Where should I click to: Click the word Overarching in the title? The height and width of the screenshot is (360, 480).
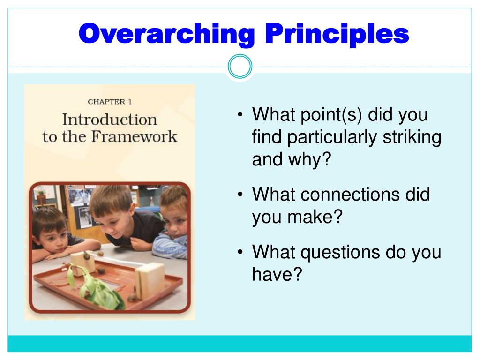[167, 34]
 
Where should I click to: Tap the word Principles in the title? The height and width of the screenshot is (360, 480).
[337, 34]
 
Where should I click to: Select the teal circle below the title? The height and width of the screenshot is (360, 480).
[240, 67]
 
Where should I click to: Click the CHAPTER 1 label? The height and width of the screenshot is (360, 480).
[110, 102]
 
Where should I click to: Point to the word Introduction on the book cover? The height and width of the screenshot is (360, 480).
[110, 120]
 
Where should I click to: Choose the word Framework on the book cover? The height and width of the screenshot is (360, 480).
[135, 136]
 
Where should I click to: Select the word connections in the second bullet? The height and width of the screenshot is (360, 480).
[350, 194]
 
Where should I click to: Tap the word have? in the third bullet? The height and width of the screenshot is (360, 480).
[277, 274]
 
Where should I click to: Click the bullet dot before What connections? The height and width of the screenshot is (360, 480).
[240, 195]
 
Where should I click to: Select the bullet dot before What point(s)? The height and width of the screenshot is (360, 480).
[240, 114]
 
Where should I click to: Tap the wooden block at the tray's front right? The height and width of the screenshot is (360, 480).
[150, 281]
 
